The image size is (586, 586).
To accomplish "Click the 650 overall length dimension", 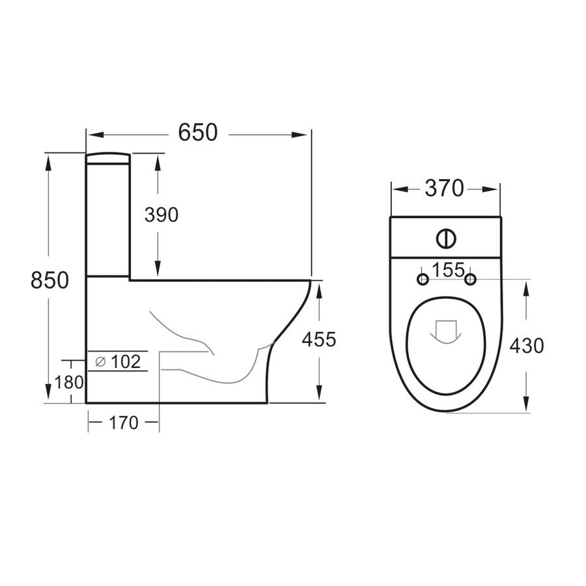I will (x=198, y=133).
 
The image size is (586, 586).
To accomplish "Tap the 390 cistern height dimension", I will (x=160, y=215).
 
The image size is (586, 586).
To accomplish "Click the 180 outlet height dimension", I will (x=70, y=382).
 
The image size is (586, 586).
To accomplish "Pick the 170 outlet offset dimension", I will (x=124, y=423).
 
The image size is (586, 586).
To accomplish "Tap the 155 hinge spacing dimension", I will (x=446, y=270).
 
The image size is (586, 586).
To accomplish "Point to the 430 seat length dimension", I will (x=526, y=346).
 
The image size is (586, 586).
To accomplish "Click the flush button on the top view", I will (x=446, y=238).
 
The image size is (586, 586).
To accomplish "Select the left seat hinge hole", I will (x=423, y=280).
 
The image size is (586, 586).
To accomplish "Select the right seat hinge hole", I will (x=470, y=280).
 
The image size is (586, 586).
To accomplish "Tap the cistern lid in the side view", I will (x=108, y=157).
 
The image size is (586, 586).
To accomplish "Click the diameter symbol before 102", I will (x=100, y=362).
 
